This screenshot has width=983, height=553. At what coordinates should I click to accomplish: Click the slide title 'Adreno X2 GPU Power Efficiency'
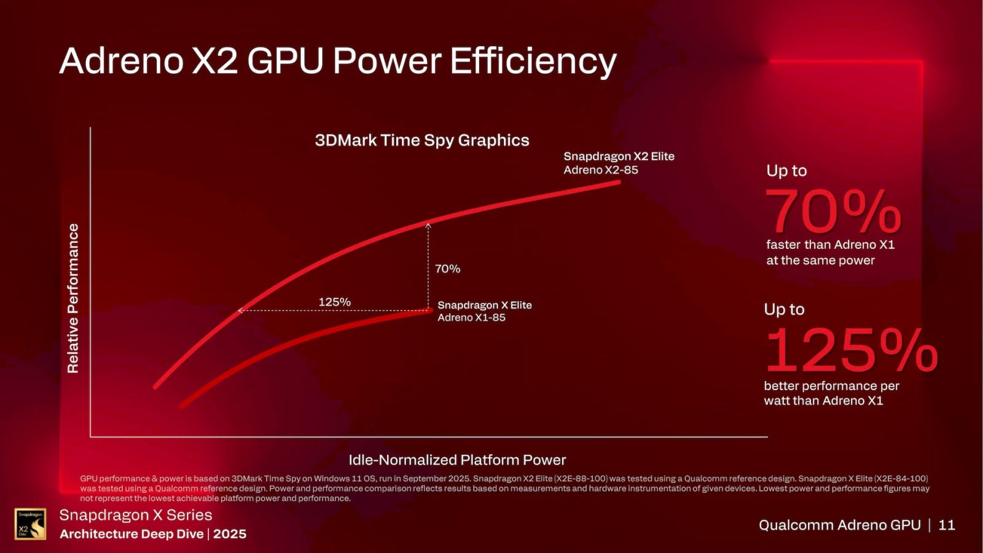tap(337, 61)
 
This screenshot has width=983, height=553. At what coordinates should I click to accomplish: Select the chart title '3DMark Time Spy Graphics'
tap(421, 140)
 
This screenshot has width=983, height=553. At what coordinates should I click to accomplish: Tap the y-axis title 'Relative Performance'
tap(73, 298)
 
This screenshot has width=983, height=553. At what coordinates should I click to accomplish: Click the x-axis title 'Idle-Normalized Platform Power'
tap(456, 460)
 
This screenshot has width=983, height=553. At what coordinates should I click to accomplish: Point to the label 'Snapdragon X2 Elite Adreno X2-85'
tap(618, 163)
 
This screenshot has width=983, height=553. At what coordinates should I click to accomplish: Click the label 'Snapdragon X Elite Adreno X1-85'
tap(484, 311)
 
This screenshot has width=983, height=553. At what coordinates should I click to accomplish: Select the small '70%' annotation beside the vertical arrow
tap(447, 269)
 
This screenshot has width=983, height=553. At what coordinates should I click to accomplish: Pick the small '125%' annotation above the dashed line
tap(334, 302)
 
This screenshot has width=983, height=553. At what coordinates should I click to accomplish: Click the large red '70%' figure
tap(832, 211)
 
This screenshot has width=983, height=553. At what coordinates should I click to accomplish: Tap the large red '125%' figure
tap(850, 350)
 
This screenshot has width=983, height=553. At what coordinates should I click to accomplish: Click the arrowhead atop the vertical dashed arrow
tap(428, 226)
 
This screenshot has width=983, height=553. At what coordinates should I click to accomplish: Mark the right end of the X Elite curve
tap(429, 310)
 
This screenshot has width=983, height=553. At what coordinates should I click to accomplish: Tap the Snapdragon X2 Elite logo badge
tap(30, 524)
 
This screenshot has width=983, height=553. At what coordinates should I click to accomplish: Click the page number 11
tap(947, 525)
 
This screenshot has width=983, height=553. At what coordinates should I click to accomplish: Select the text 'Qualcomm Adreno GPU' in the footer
tap(839, 525)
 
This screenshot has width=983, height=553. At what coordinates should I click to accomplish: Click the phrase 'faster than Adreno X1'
tap(829, 245)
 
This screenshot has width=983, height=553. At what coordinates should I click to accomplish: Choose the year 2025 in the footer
tap(230, 534)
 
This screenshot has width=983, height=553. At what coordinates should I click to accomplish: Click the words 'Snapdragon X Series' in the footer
tap(135, 515)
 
